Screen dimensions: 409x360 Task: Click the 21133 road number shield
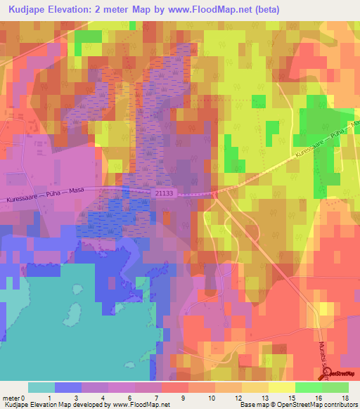point(161,192)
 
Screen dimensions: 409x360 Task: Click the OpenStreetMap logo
point(340,373)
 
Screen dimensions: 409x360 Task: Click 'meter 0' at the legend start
point(13,398)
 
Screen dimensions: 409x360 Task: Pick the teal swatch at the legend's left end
point(41,387)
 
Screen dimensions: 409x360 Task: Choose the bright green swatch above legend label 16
point(308,387)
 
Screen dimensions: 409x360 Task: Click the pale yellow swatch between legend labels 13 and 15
point(281,387)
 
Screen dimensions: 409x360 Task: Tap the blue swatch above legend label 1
point(68,387)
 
